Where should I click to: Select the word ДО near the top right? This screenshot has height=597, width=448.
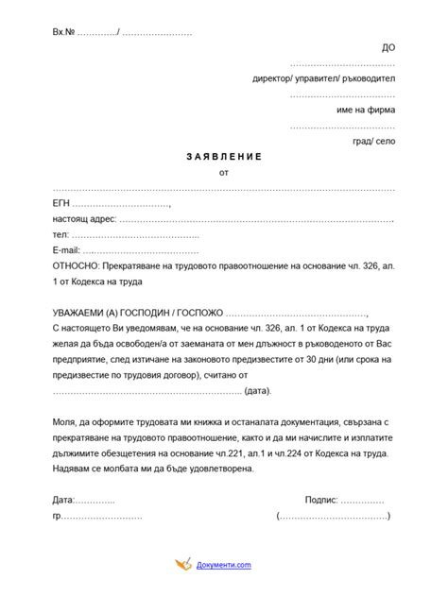(388, 46)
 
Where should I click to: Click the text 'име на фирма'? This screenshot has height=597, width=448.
(366, 110)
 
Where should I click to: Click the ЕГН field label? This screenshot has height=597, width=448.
(60, 203)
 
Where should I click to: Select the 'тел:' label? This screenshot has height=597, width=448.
(60, 234)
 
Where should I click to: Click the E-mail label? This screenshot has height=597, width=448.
(65, 250)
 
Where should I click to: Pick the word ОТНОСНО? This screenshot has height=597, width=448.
(77, 266)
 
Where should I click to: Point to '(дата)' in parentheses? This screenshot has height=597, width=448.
(257, 390)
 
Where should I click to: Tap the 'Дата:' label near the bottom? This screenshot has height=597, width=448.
(62, 500)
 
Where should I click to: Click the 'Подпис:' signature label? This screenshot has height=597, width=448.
(320, 500)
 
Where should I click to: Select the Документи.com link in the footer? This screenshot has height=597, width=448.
(224, 565)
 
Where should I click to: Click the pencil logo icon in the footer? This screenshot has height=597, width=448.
(182, 565)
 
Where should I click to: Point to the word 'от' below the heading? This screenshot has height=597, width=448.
(223, 173)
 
